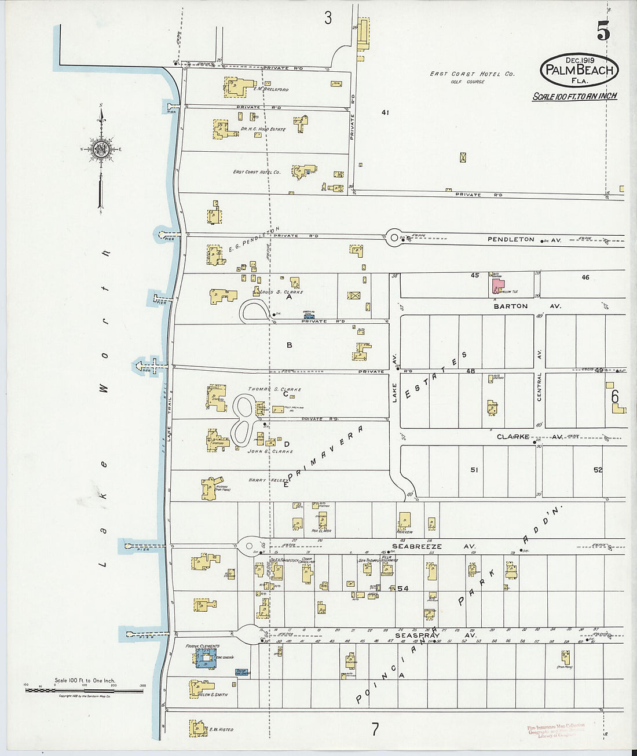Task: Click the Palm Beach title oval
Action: [579, 70]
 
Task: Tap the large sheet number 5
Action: [603, 32]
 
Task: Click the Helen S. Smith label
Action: [213, 695]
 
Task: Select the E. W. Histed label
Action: [221, 729]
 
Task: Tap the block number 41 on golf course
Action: [385, 112]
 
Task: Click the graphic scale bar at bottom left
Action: [84, 689]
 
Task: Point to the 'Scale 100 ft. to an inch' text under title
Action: [574, 96]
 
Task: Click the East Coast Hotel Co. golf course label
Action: [472, 75]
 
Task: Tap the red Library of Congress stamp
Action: [556, 730]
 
